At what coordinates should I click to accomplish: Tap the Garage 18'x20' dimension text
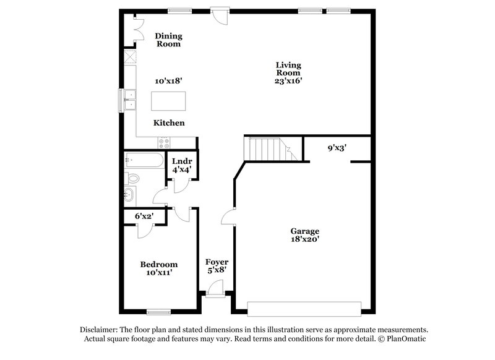(305, 239)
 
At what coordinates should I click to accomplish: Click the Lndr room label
(182, 161)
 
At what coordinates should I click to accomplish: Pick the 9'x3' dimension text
(337, 148)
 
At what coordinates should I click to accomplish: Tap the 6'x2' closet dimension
(144, 216)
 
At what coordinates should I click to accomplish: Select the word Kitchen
(169, 123)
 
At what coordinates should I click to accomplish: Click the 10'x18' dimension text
(168, 80)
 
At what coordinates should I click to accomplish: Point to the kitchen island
(169, 100)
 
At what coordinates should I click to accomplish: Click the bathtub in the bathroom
(143, 160)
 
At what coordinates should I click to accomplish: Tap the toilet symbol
(132, 179)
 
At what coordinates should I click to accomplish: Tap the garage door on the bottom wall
(304, 307)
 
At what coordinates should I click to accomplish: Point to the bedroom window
(158, 311)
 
